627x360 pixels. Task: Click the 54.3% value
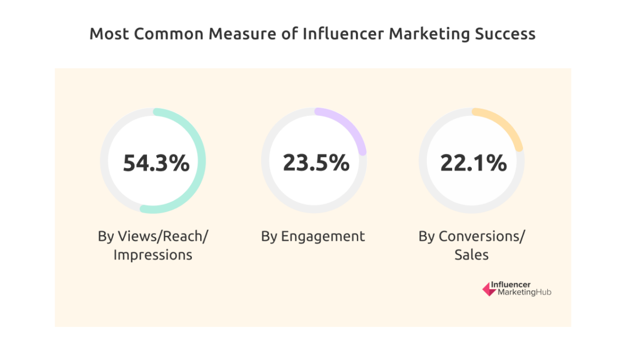156,163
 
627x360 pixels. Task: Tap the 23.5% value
316,163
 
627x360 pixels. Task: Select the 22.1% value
473,163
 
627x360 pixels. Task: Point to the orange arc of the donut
509,128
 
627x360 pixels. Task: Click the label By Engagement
312,236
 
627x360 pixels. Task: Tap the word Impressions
152,255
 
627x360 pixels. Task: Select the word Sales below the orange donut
471,255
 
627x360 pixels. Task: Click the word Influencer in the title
343,34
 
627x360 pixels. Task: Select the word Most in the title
108,34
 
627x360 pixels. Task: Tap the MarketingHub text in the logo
524,292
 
